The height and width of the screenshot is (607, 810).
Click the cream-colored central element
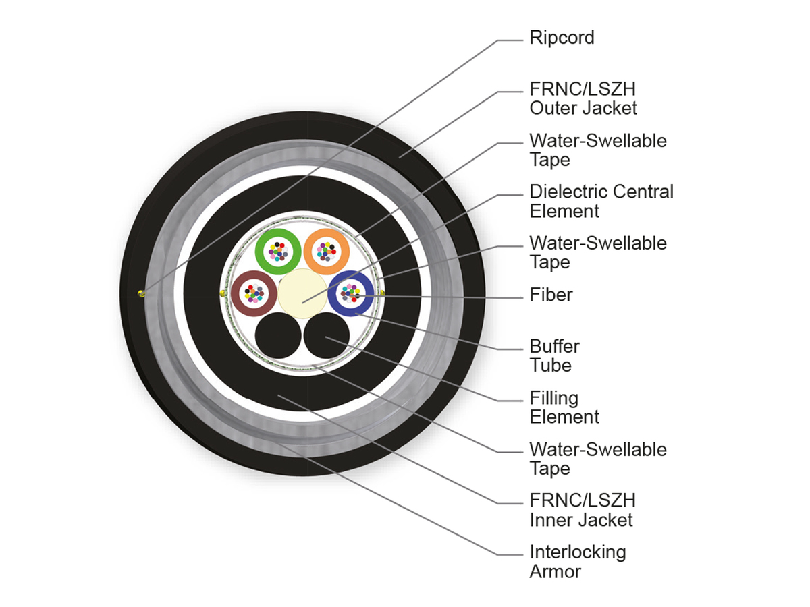(302, 293)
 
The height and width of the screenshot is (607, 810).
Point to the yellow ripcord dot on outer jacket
(141, 294)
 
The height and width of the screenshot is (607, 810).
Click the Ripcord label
(562, 38)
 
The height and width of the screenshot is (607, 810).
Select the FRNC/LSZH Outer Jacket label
(583, 98)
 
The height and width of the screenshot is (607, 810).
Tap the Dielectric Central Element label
(601, 201)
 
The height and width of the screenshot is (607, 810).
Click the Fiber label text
(551, 295)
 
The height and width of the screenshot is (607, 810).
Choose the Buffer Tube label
(554, 355)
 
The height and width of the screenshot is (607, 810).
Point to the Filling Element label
(564, 407)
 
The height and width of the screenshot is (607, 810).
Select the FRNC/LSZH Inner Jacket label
(583, 510)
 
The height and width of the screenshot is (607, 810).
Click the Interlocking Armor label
(578, 562)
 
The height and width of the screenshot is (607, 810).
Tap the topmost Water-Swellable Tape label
(598, 150)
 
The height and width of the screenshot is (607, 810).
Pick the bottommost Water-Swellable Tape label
(598, 459)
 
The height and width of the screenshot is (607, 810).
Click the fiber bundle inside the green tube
(278, 252)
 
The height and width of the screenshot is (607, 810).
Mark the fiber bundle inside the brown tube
(254, 293)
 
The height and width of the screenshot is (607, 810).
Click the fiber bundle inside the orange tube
(327, 252)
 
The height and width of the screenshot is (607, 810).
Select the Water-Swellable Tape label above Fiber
(598, 252)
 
